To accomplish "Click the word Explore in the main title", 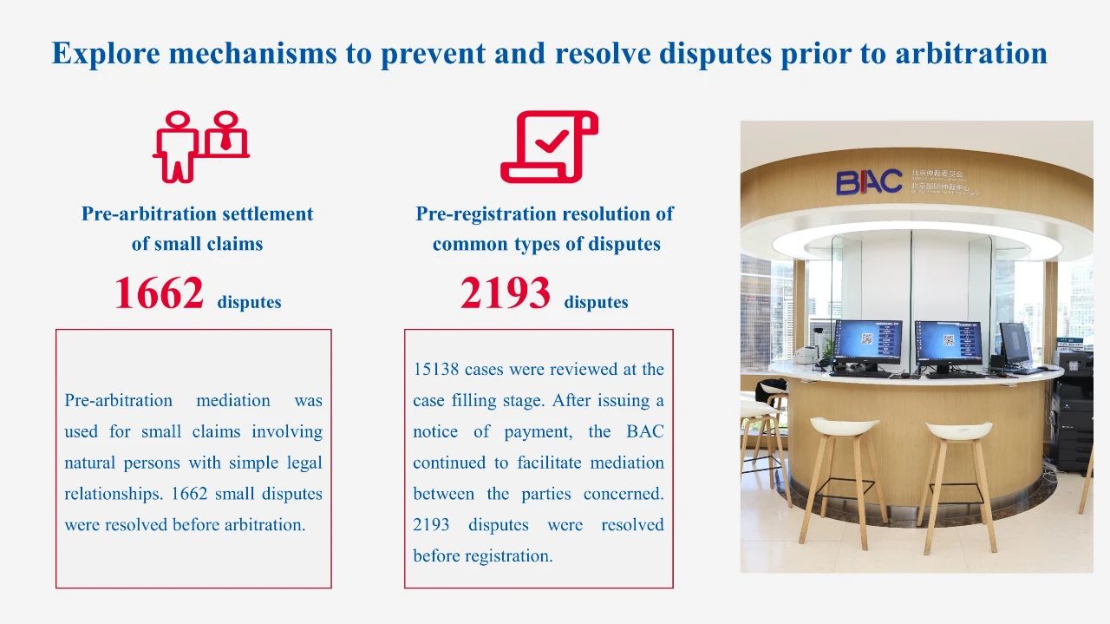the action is (x=106, y=54).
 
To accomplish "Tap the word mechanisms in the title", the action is (x=252, y=53).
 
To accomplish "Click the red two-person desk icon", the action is (x=200, y=147).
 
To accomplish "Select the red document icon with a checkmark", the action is (x=549, y=147).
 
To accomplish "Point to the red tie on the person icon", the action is (x=226, y=141).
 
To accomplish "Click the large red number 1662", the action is (x=159, y=293).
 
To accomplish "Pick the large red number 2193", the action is (x=505, y=293).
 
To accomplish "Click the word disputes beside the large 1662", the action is (x=249, y=303).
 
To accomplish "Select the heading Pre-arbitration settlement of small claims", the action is (x=197, y=228).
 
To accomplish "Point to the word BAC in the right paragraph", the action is (x=644, y=431).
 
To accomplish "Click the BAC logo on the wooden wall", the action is (x=869, y=182).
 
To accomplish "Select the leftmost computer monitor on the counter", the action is (x=868, y=343).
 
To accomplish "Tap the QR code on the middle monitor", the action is (x=949, y=340).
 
